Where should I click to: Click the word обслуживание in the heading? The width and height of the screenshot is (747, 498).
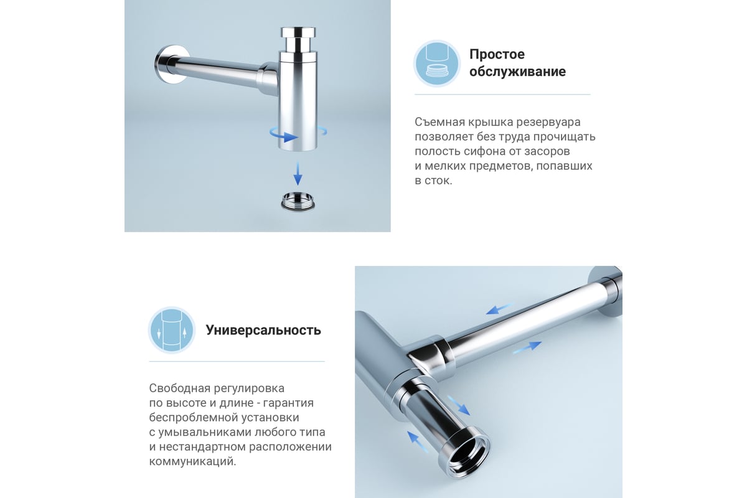click(x=517, y=72)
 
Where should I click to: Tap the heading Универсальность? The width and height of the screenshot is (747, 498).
click(x=263, y=330)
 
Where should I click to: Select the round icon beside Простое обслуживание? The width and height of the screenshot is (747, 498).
click(x=437, y=63)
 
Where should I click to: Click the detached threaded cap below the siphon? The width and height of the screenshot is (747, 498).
click(x=297, y=201)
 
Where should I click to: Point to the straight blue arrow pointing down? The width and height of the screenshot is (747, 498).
click(x=298, y=174)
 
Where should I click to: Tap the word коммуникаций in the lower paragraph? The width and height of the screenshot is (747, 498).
click(x=192, y=462)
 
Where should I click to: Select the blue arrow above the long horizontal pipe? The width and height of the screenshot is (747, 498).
click(x=499, y=309)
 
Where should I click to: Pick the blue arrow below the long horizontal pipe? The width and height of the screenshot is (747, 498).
click(x=527, y=347)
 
